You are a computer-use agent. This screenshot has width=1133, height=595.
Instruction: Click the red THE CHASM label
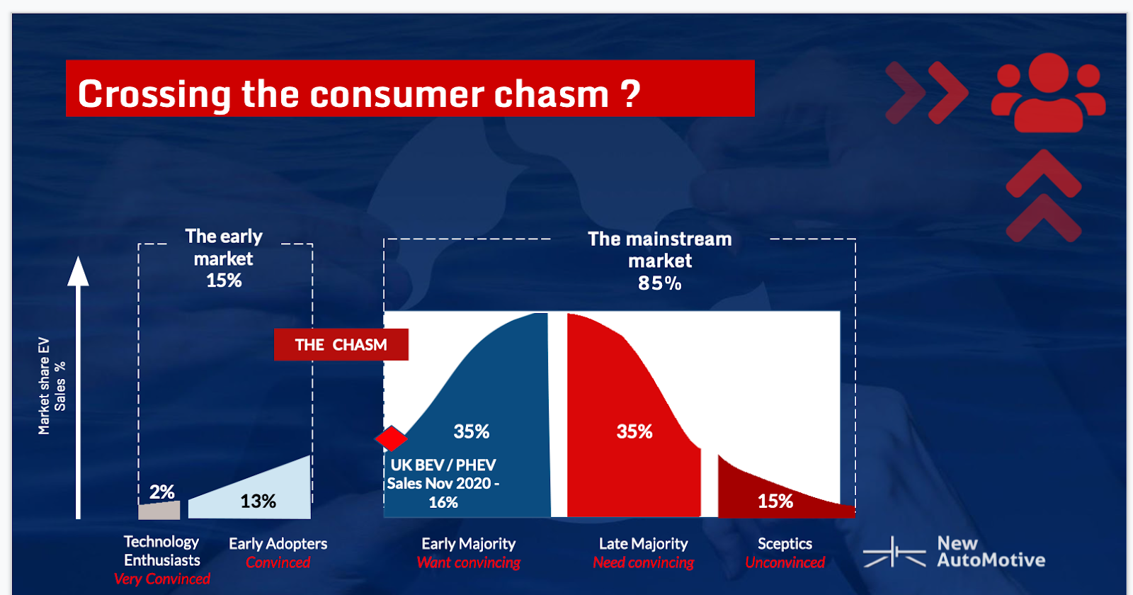pyautogui.click(x=341, y=345)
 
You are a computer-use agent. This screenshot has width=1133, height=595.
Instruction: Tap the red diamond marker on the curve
pyautogui.click(x=391, y=439)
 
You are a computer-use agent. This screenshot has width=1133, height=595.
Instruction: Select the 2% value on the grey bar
pyautogui.click(x=162, y=492)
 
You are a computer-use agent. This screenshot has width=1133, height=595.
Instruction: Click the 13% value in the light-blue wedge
pyautogui.click(x=258, y=501)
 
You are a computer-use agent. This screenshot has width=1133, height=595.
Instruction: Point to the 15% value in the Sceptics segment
pyautogui.click(x=775, y=501)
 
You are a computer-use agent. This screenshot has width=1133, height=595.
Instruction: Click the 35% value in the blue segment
pyautogui.click(x=472, y=431)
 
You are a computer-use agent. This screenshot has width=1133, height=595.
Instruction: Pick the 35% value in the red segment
pyautogui.click(x=634, y=431)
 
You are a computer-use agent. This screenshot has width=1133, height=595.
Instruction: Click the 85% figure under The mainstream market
pyautogui.click(x=659, y=283)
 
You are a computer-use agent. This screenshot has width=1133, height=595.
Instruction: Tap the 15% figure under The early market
pyautogui.click(x=224, y=280)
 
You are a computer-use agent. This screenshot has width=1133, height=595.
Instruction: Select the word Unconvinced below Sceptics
pyautogui.click(x=785, y=563)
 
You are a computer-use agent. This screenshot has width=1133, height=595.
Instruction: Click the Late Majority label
pyautogui.click(x=643, y=544)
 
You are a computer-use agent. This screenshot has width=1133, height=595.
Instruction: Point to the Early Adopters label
pyautogui.click(x=278, y=544)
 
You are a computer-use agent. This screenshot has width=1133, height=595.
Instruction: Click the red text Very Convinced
pyautogui.click(x=162, y=579)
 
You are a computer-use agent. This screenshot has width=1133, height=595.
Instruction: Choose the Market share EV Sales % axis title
pyautogui.click(x=52, y=386)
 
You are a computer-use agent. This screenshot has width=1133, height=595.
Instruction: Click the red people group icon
pyautogui.click(x=1048, y=93)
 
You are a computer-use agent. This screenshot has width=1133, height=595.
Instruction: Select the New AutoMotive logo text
pyautogui.click(x=990, y=552)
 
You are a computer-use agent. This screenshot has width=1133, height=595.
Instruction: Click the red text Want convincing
pyautogui.click(x=468, y=563)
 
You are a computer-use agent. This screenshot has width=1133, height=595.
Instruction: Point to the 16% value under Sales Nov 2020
pyautogui.click(x=443, y=503)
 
